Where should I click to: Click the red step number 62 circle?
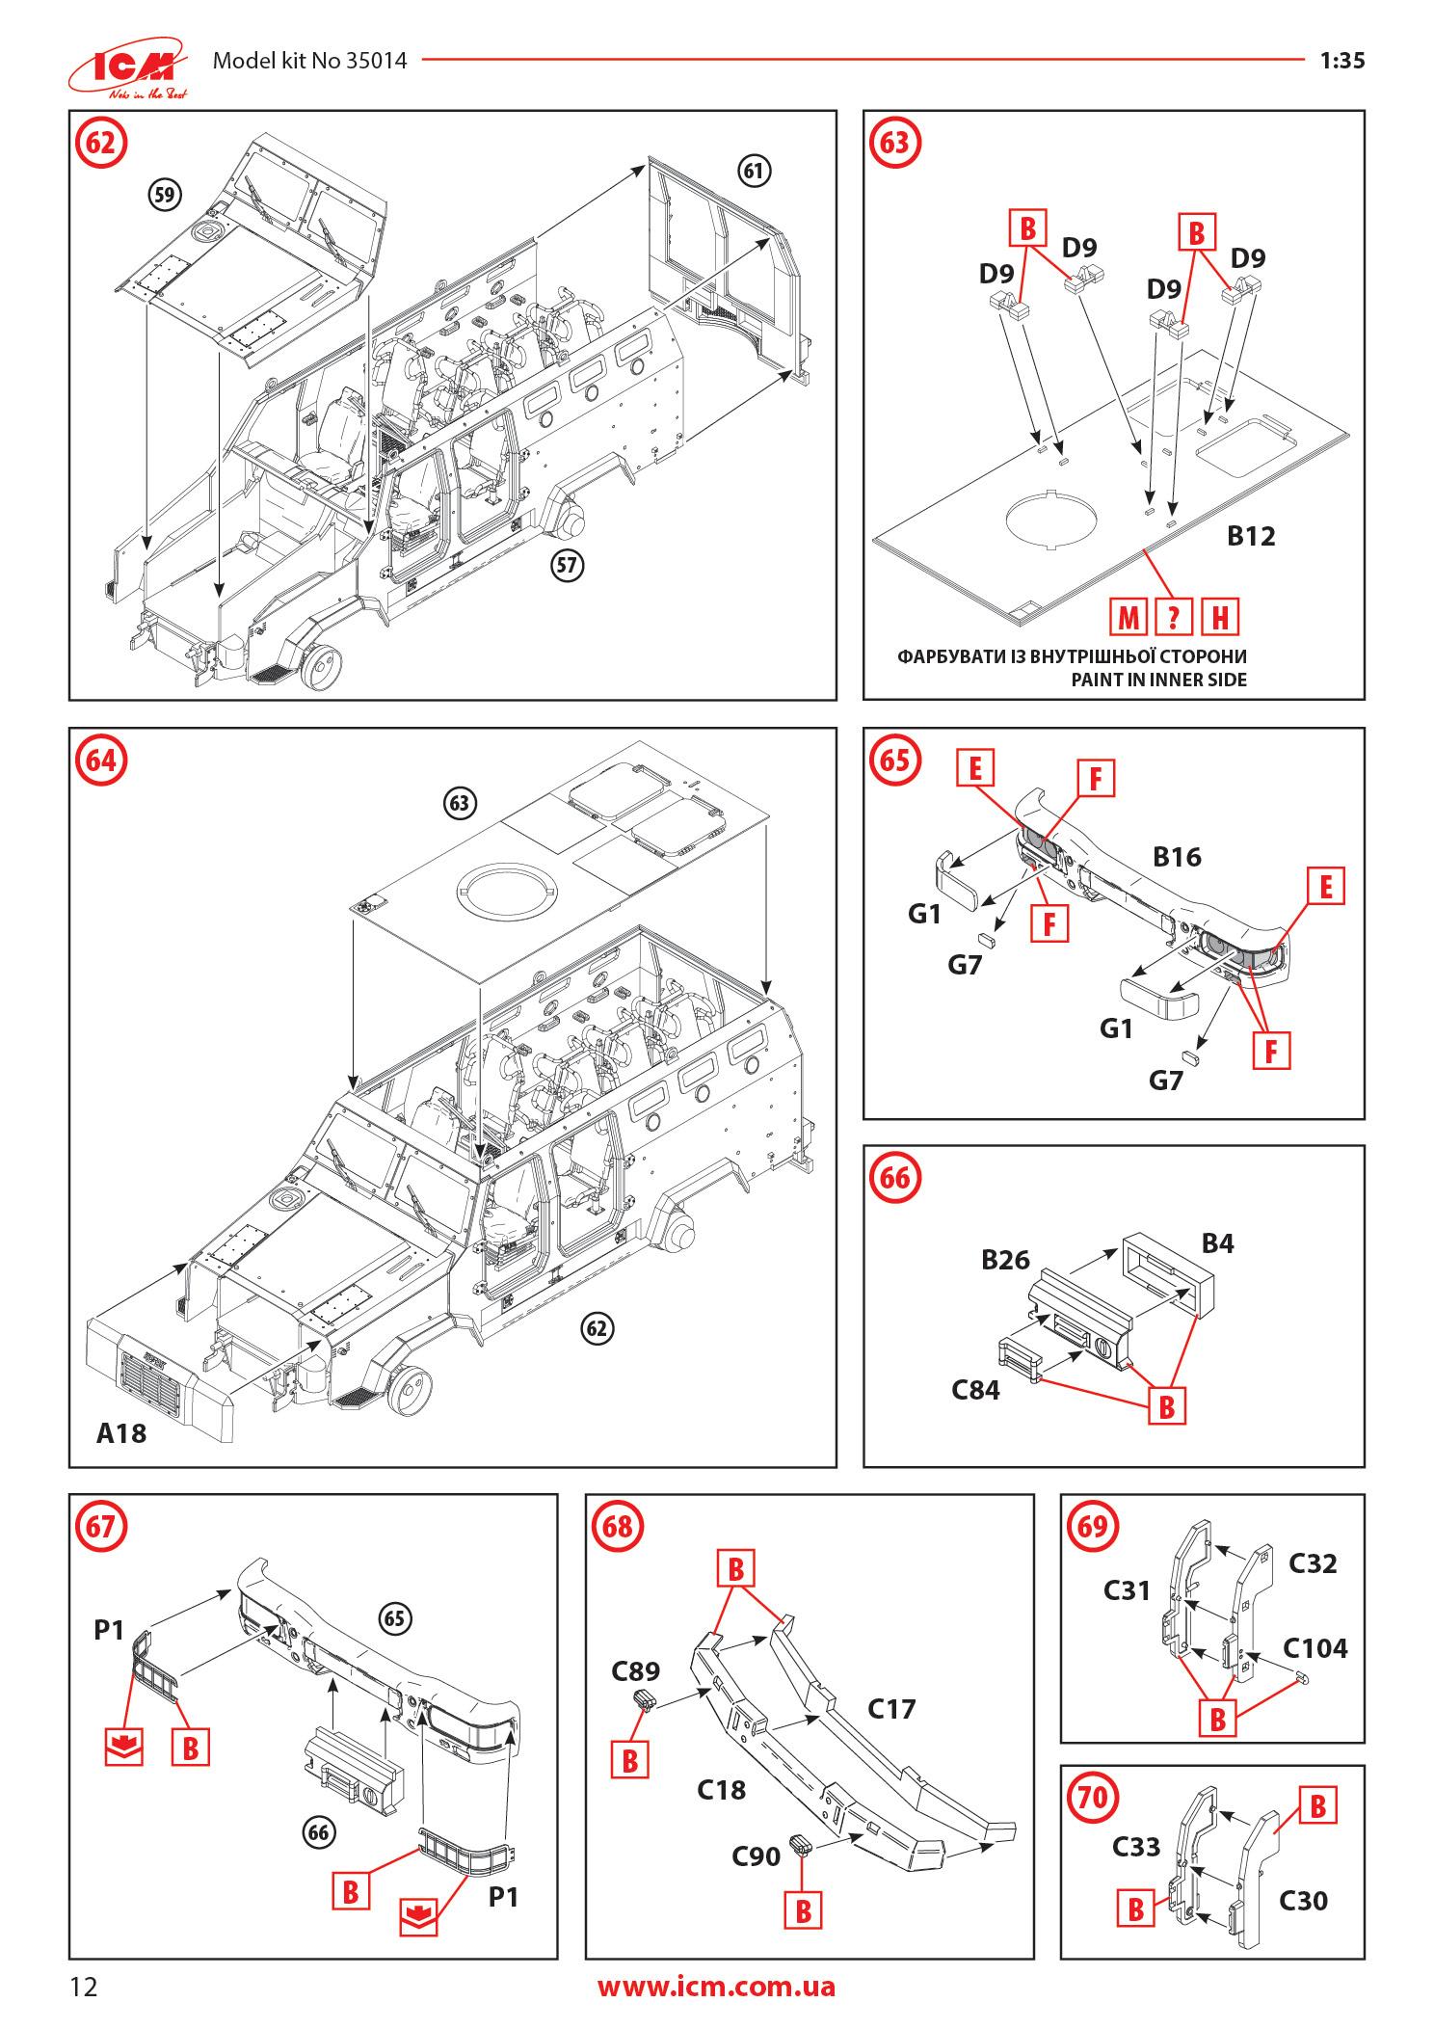(x=100, y=143)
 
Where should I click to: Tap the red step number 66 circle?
(x=895, y=1178)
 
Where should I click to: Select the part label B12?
(x=1250, y=536)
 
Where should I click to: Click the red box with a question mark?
(x=1173, y=617)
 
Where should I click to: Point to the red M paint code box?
(x=1128, y=617)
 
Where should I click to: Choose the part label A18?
(x=121, y=1433)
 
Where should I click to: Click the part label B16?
(x=1177, y=856)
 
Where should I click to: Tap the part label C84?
(x=975, y=1390)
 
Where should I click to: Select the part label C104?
(x=1314, y=1647)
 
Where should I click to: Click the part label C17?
(x=891, y=1708)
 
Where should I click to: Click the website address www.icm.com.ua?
(x=716, y=1987)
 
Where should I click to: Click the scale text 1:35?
(x=1341, y=61)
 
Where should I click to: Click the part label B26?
(x=1005, y=1260)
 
